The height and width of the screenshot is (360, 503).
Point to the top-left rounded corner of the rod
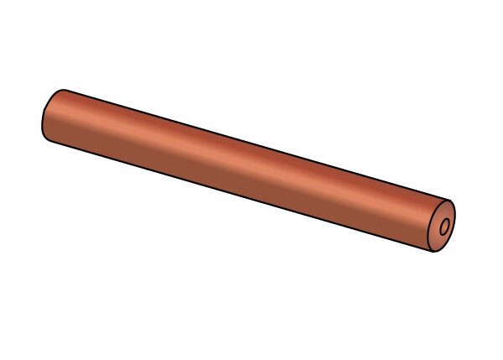click(57, 91)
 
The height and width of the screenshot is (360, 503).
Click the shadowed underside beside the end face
click(411, 235)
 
